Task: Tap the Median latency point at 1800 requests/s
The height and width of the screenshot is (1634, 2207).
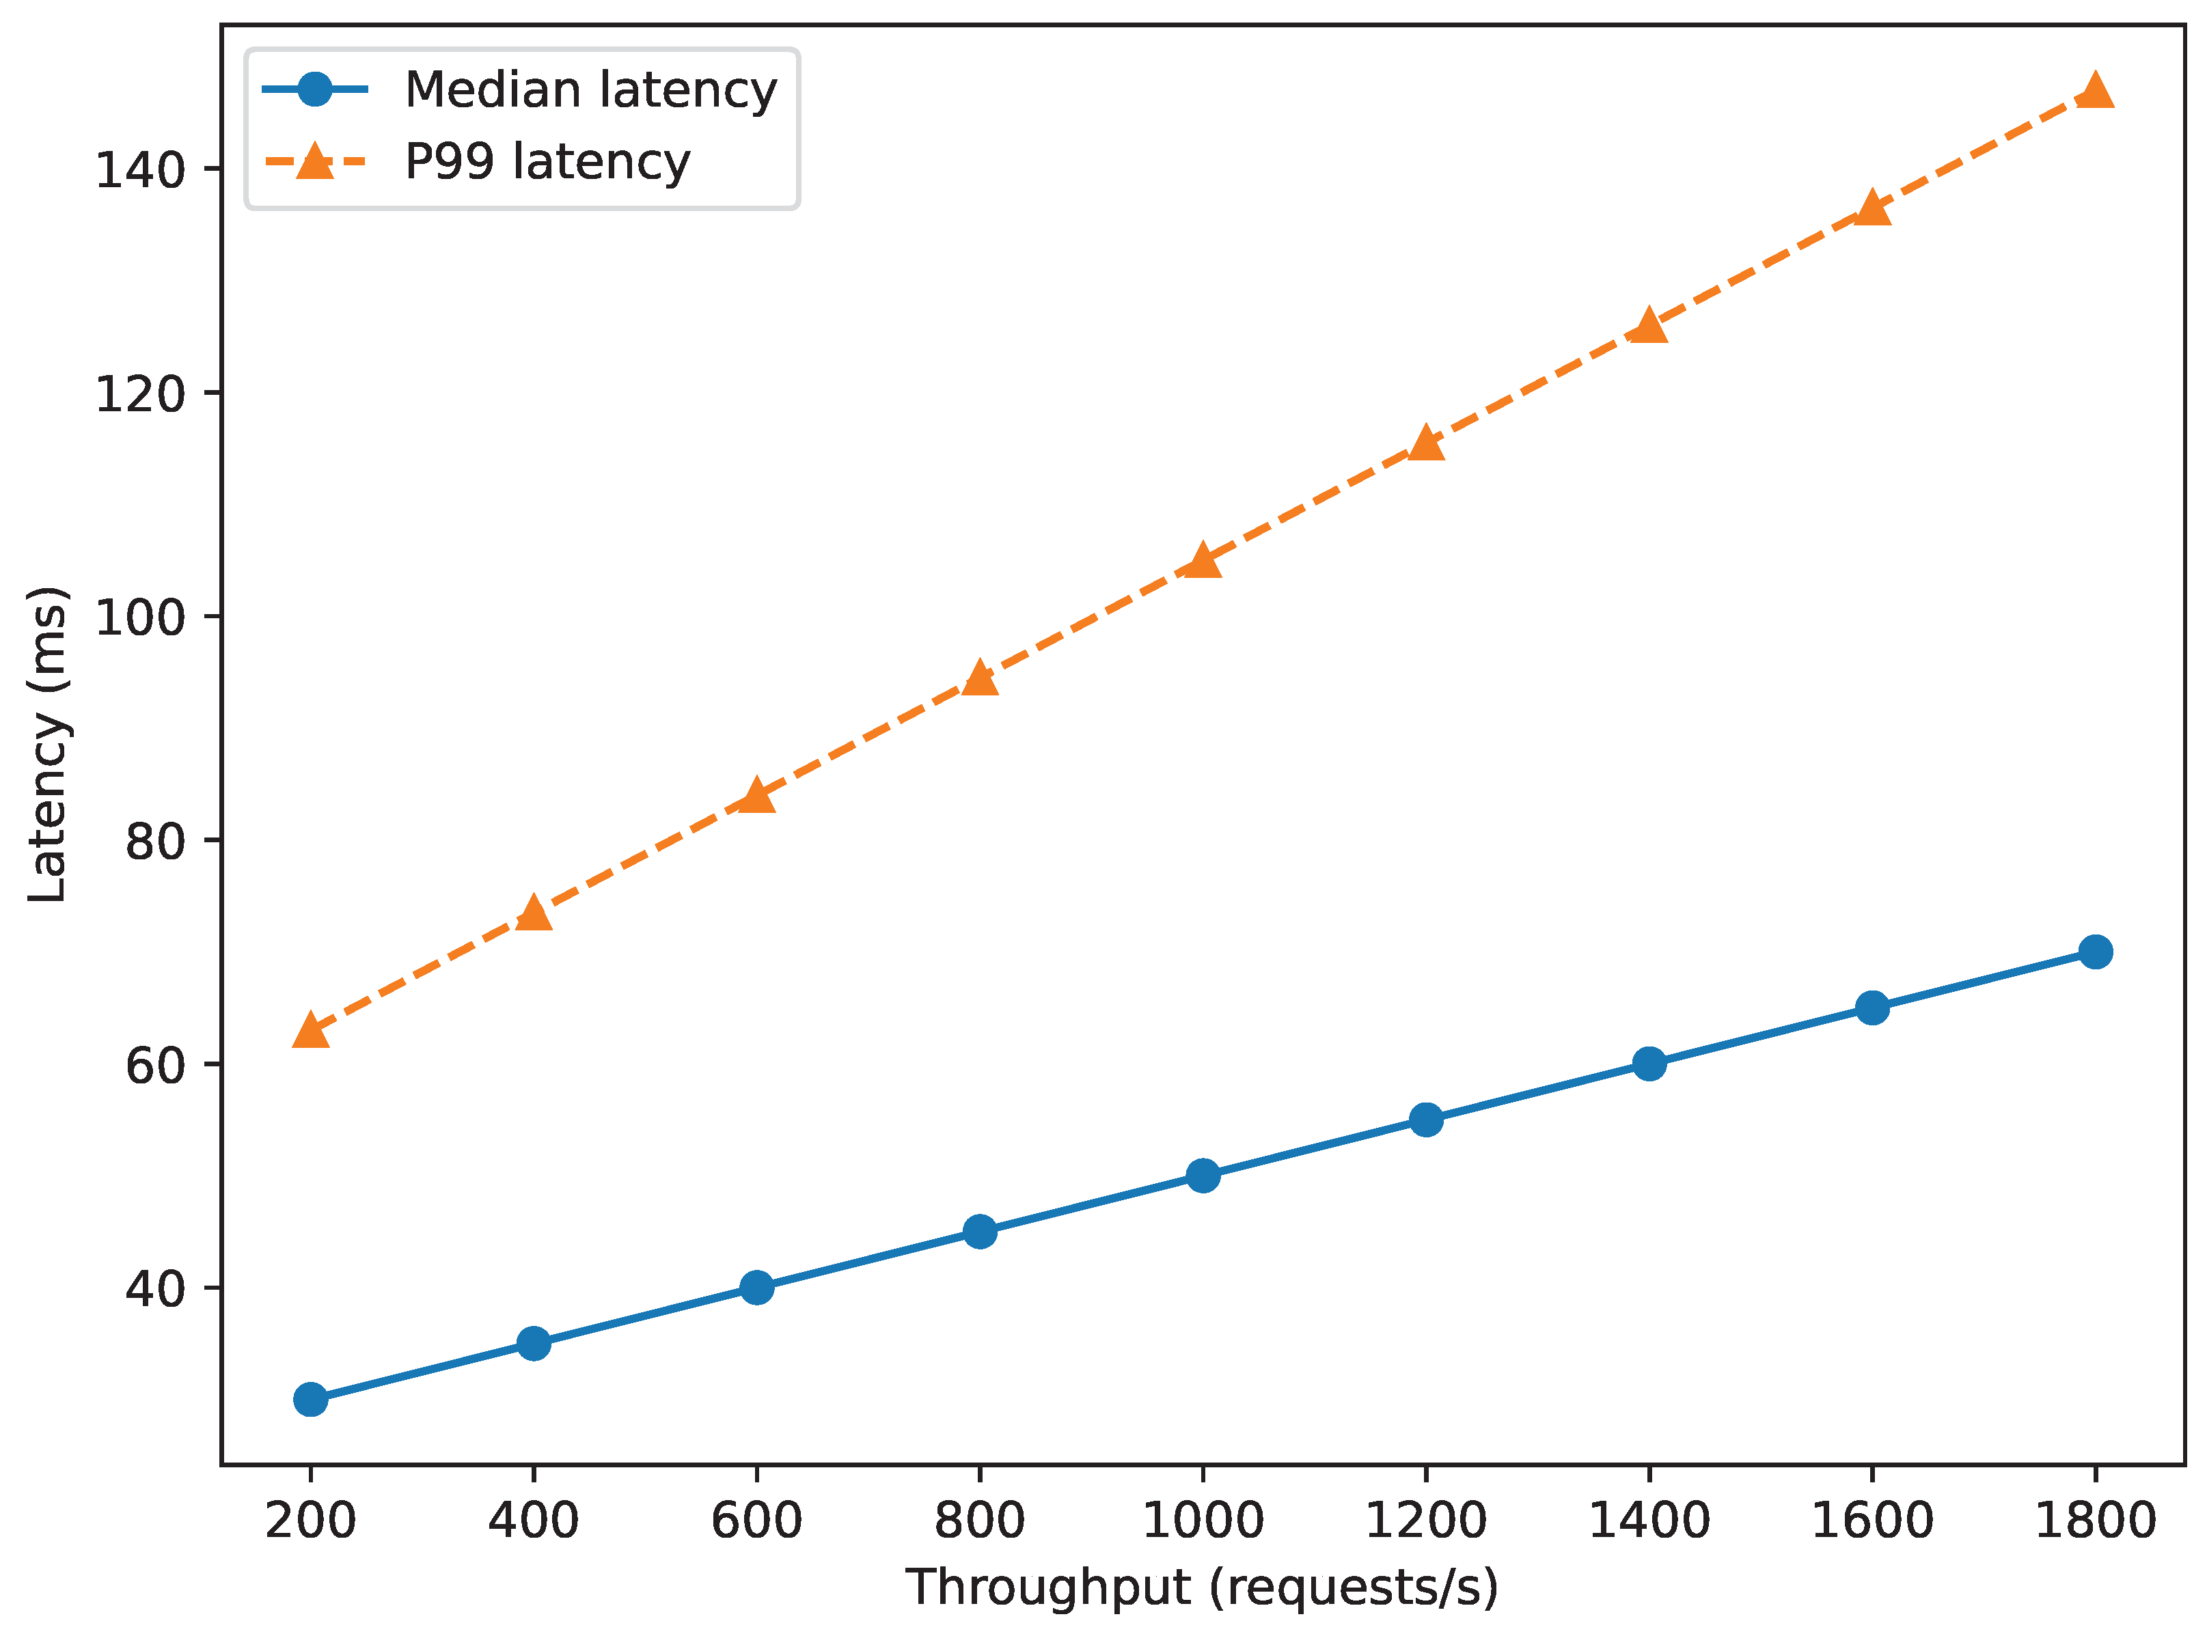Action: [2095, 952]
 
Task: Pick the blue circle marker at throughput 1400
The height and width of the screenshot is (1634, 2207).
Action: [1649, 1064]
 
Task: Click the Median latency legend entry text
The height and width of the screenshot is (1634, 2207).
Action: [590, 90]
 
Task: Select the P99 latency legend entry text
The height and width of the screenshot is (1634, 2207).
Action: [547, 161]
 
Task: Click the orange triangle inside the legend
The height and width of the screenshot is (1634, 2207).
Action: [314, 161]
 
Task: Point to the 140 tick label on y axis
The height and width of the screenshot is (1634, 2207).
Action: [141, 170]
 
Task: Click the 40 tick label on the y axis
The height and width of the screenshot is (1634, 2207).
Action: [155, 1289]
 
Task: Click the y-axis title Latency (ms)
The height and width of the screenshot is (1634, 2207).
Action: [47, 744]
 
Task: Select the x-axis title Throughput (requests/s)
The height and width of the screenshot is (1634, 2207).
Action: [1202, 1588]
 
